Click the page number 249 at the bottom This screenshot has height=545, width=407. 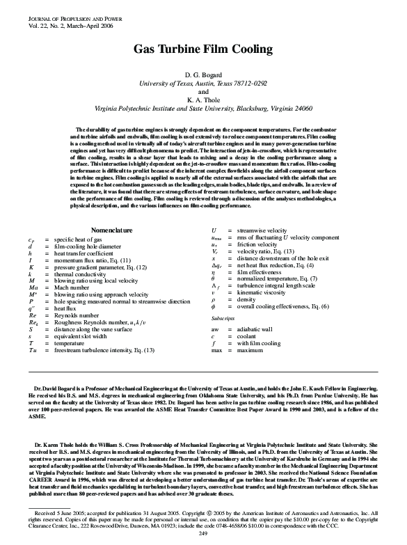(x=203, y=532)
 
